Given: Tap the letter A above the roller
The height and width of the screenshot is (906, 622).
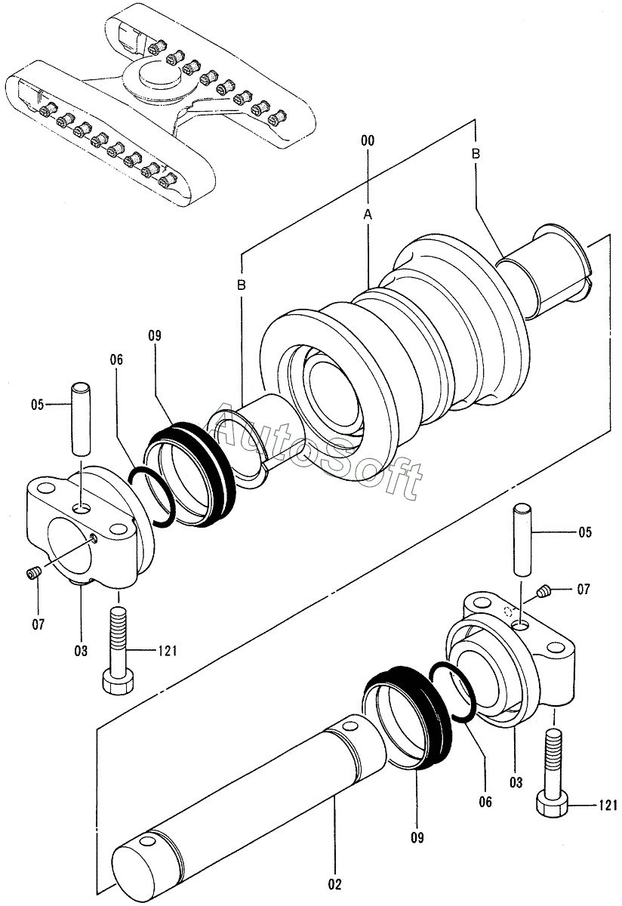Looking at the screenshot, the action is coord(368,214).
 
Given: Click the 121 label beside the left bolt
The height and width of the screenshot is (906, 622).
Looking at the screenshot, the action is coord(167,650).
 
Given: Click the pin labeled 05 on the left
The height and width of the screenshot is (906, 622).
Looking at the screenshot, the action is coord(81,420).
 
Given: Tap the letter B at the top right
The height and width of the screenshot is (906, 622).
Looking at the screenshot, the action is coord(476,154).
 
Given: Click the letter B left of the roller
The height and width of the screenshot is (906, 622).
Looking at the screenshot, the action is coord(241,285).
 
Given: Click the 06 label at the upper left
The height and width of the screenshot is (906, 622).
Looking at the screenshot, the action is coord(116,359).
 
